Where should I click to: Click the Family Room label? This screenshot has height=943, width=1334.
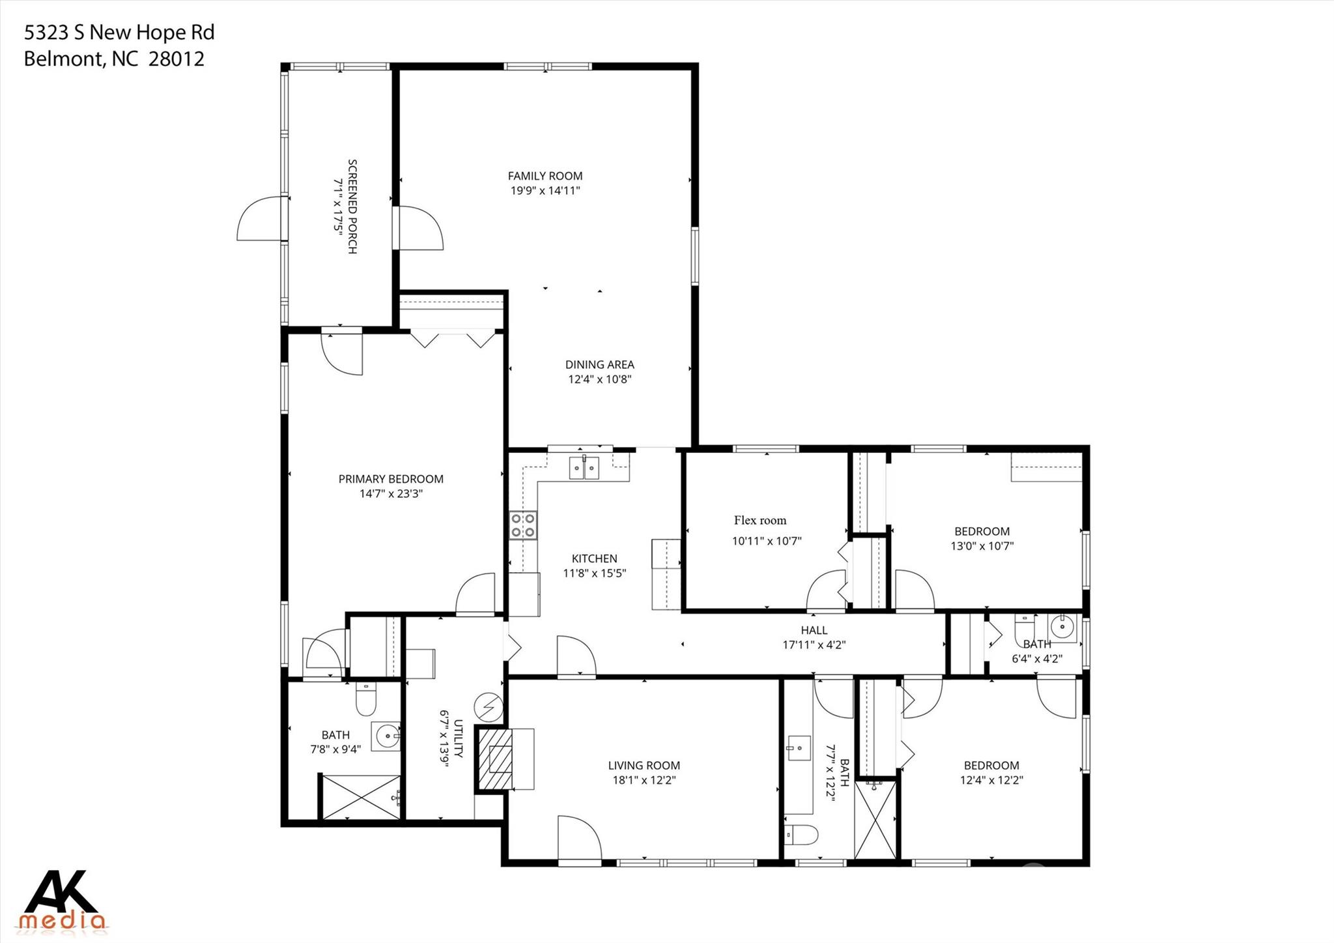(545, 176)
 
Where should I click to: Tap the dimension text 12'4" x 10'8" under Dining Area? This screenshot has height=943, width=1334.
(600, 379)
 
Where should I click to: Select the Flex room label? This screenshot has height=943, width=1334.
(760, 520)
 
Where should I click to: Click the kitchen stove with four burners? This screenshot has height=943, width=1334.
(524, 525)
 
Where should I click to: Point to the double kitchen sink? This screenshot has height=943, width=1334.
(584, 468)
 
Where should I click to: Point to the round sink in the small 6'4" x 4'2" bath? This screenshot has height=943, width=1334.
(1062, 627)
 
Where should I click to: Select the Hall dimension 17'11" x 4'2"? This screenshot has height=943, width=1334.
(814, 645)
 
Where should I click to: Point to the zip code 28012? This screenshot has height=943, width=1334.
(177, 59)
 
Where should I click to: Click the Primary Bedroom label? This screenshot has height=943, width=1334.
(391, 479)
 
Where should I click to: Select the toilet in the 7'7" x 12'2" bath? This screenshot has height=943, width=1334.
(801, 835)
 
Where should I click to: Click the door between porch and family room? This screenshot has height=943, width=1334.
(419, 227)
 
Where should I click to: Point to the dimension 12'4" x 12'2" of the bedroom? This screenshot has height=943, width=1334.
(991, 780)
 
